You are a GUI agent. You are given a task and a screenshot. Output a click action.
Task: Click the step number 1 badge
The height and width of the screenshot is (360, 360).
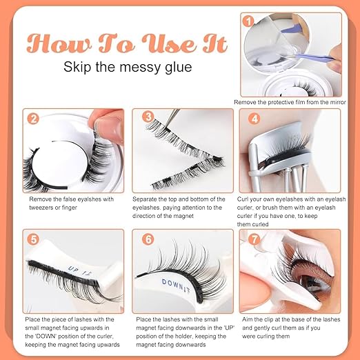point(247,21)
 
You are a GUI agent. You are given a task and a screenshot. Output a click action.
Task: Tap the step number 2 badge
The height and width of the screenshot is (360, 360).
point(32,118)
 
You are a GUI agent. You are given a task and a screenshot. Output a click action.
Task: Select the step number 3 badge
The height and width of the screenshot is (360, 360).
point(148,118)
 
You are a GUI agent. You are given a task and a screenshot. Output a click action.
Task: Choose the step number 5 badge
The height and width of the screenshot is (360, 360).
point(32,239)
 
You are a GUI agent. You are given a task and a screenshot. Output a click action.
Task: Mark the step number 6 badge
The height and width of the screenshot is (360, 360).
point(148,239)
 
